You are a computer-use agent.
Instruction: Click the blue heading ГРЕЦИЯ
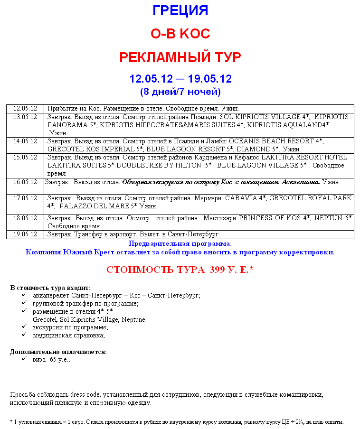pyautogui.click(x=180, y=10)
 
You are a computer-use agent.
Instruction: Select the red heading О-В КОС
pyautogui.click(x=180, y=34)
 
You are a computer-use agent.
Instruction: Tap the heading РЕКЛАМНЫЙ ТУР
pyautogui.click(x=180, y=57)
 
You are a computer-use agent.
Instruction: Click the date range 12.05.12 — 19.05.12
pyautogui.click(x=180, y=79)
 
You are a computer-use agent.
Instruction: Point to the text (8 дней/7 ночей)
pyautogui.click(x=180, y=91)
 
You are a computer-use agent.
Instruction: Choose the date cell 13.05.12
pyautogui.click(x=25, y=117)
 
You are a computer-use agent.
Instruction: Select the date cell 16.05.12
pyautogui.click(x=25, y=182)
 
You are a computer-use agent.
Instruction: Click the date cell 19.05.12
pyautogui.click(x=25, y=234)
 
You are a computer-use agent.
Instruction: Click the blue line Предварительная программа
pyautogui.click(x=180, y=243)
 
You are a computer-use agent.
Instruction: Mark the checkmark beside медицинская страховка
pyautogui.click(x=24, y=335)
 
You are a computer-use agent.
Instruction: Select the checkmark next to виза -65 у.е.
pyautogui.click(x=24, y=359)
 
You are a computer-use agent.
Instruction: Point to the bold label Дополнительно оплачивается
pyautogui.click(x=58, y=352)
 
